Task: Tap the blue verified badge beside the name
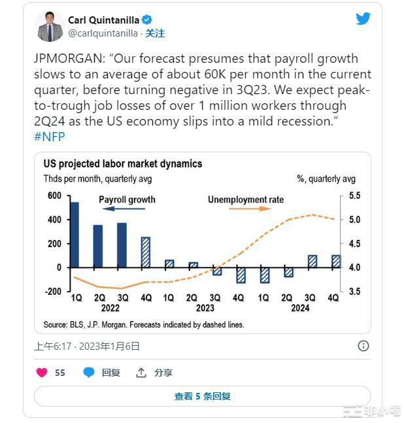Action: coord(146,20)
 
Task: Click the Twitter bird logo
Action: coord(363,19)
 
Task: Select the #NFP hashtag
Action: coord(49,136)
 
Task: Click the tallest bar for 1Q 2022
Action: coord(75,235)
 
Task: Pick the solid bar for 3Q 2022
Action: coord(122,245)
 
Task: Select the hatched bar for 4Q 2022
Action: coord(145,252)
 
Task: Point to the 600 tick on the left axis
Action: coord(54,196)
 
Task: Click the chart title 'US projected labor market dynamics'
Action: coord(123,164)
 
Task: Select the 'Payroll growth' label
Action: coord(127,199)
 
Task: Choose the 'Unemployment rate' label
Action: coord(246,199)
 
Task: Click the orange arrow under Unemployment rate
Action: coord(258,209)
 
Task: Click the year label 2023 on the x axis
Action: coord(205,307)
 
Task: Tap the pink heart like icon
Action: coord(42,373)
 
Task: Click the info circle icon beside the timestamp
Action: coord(364,346)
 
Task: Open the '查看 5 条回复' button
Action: coord(203,396)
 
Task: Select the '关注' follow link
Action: coord(155,33)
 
